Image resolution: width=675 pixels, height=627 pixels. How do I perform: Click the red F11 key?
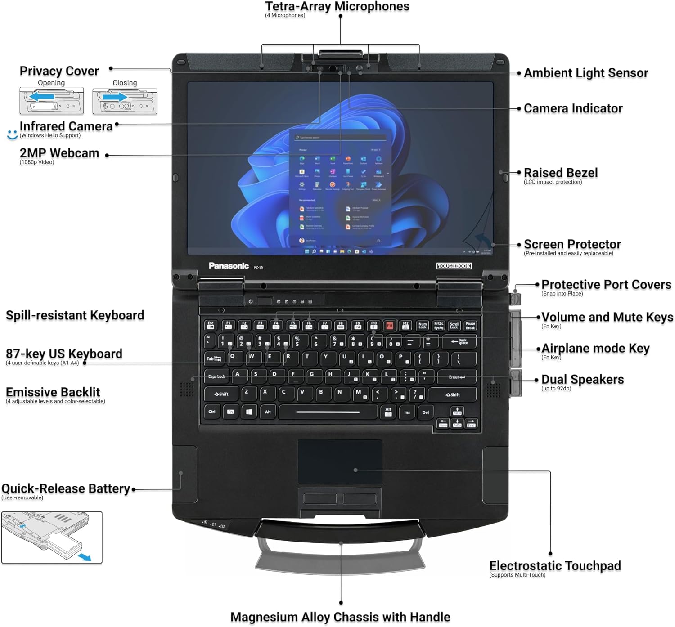(x=390, y=325)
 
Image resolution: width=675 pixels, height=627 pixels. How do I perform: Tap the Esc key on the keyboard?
(x=211, y=325)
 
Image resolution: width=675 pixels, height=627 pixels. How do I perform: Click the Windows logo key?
(x=249, y=412)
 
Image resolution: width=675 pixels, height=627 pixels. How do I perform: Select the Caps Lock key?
(x=217, y=376)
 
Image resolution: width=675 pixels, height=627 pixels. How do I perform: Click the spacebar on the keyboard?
(x=328, y=412)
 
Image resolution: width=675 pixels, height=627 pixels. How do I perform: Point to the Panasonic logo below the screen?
(x=229, y=266)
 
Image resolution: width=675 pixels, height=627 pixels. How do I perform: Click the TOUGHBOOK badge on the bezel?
(x=454, y=266)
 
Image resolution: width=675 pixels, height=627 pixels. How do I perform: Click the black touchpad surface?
(x=340, y=461)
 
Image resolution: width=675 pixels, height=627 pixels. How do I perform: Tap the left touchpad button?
(x=320, y=498)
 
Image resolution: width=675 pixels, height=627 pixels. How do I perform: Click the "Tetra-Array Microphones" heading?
(x=337, y=7)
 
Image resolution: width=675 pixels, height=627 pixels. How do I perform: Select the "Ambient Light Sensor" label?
(x=586, y=73)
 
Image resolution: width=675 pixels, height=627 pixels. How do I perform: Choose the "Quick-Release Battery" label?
(x=66, y=488)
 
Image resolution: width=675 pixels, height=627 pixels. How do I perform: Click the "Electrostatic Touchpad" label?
(x=555, y=566)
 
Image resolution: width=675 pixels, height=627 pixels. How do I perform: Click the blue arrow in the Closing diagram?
(x=114, y=97)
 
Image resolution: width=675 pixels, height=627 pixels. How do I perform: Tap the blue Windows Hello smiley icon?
(x=12, y=134)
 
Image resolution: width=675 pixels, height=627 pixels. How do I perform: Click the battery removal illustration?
(x=52, y=537)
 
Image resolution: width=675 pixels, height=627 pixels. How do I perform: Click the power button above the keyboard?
(x=251, y=301)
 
